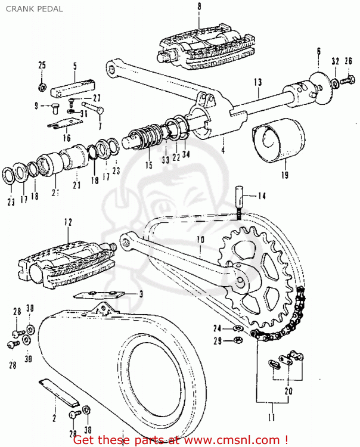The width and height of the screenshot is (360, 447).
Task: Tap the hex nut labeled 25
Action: [x=42, y=87]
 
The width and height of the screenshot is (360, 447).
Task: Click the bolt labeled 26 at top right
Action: [x=337, y=84]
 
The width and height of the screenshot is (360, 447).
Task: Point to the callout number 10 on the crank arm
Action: [x=200, y=240]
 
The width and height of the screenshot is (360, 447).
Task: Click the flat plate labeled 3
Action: [x=98, y=293]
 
